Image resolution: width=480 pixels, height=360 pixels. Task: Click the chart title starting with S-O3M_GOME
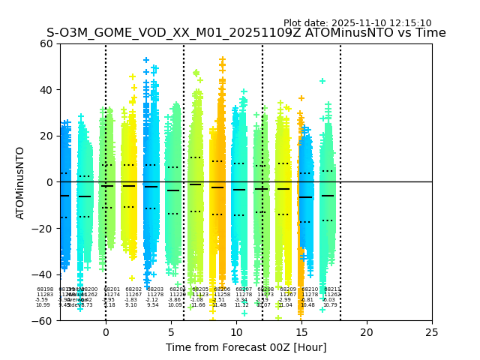[x=246, y=33]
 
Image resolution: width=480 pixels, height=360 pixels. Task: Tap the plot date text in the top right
[x=357, y=23]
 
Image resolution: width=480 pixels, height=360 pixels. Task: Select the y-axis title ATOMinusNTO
[x=20, y=182]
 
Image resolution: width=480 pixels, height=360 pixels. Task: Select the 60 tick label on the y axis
[x=47, y=43]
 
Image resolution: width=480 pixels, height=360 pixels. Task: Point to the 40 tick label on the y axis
[x=47, y=90]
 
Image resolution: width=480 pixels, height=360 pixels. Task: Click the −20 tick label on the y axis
[x=44, y=229]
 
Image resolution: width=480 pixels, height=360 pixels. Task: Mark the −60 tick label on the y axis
[x=44, y=321]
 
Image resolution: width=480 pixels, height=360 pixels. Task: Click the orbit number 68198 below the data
[x=45, y=289]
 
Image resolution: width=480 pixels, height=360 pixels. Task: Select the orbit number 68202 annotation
[x=133, y=289]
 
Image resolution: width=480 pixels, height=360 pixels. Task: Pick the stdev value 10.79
[x=330, y=305]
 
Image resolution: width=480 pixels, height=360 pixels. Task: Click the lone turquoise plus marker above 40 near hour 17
[x=322, y=81]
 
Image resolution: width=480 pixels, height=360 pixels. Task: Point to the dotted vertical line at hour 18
[x=340, y=150]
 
